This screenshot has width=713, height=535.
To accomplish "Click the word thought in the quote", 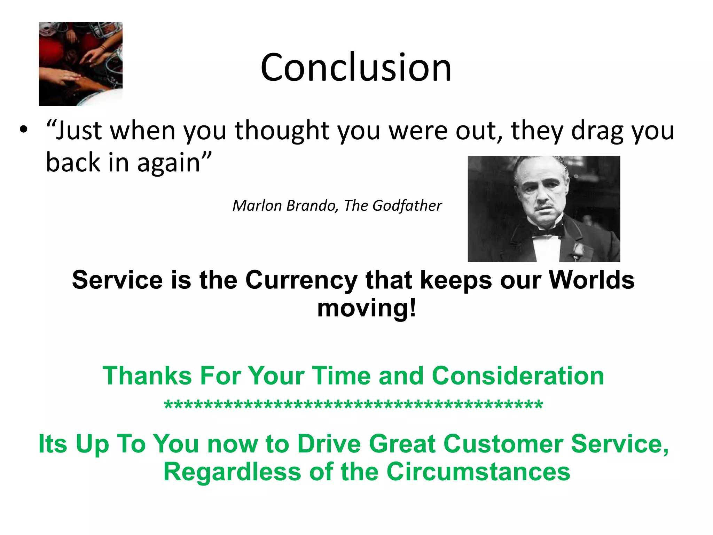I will [282, 131].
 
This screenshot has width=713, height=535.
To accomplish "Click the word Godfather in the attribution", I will [407, 206].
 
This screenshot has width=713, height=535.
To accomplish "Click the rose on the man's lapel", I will [578, 249].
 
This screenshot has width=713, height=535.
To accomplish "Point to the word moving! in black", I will [367, 308].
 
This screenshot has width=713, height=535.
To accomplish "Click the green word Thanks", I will [147, 376].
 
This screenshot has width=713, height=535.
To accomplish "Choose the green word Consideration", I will [518, 376].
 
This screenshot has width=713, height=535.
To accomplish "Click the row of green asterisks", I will [353, 405].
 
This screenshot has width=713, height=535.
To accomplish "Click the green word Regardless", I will [232, 472].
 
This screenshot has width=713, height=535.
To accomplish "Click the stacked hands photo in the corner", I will [80, 64].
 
